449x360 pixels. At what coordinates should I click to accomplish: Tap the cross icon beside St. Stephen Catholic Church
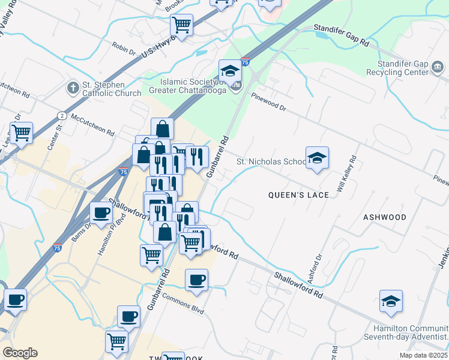tap(72, 88)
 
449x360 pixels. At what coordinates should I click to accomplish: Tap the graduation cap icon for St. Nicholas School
tap(317, 158)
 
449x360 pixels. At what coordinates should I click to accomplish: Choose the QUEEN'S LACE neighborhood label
tap(298, 195)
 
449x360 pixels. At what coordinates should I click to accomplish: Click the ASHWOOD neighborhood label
tap(384, 217)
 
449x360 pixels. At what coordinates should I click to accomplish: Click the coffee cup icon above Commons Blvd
tap(196, 279)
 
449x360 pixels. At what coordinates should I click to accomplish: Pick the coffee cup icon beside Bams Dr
tap(101, 212)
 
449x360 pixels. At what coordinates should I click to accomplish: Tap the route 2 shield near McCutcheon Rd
tap(62, 115)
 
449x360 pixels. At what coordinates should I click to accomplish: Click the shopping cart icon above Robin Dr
tap(181, 25)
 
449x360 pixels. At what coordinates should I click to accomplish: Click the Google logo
tap(20, 353)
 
